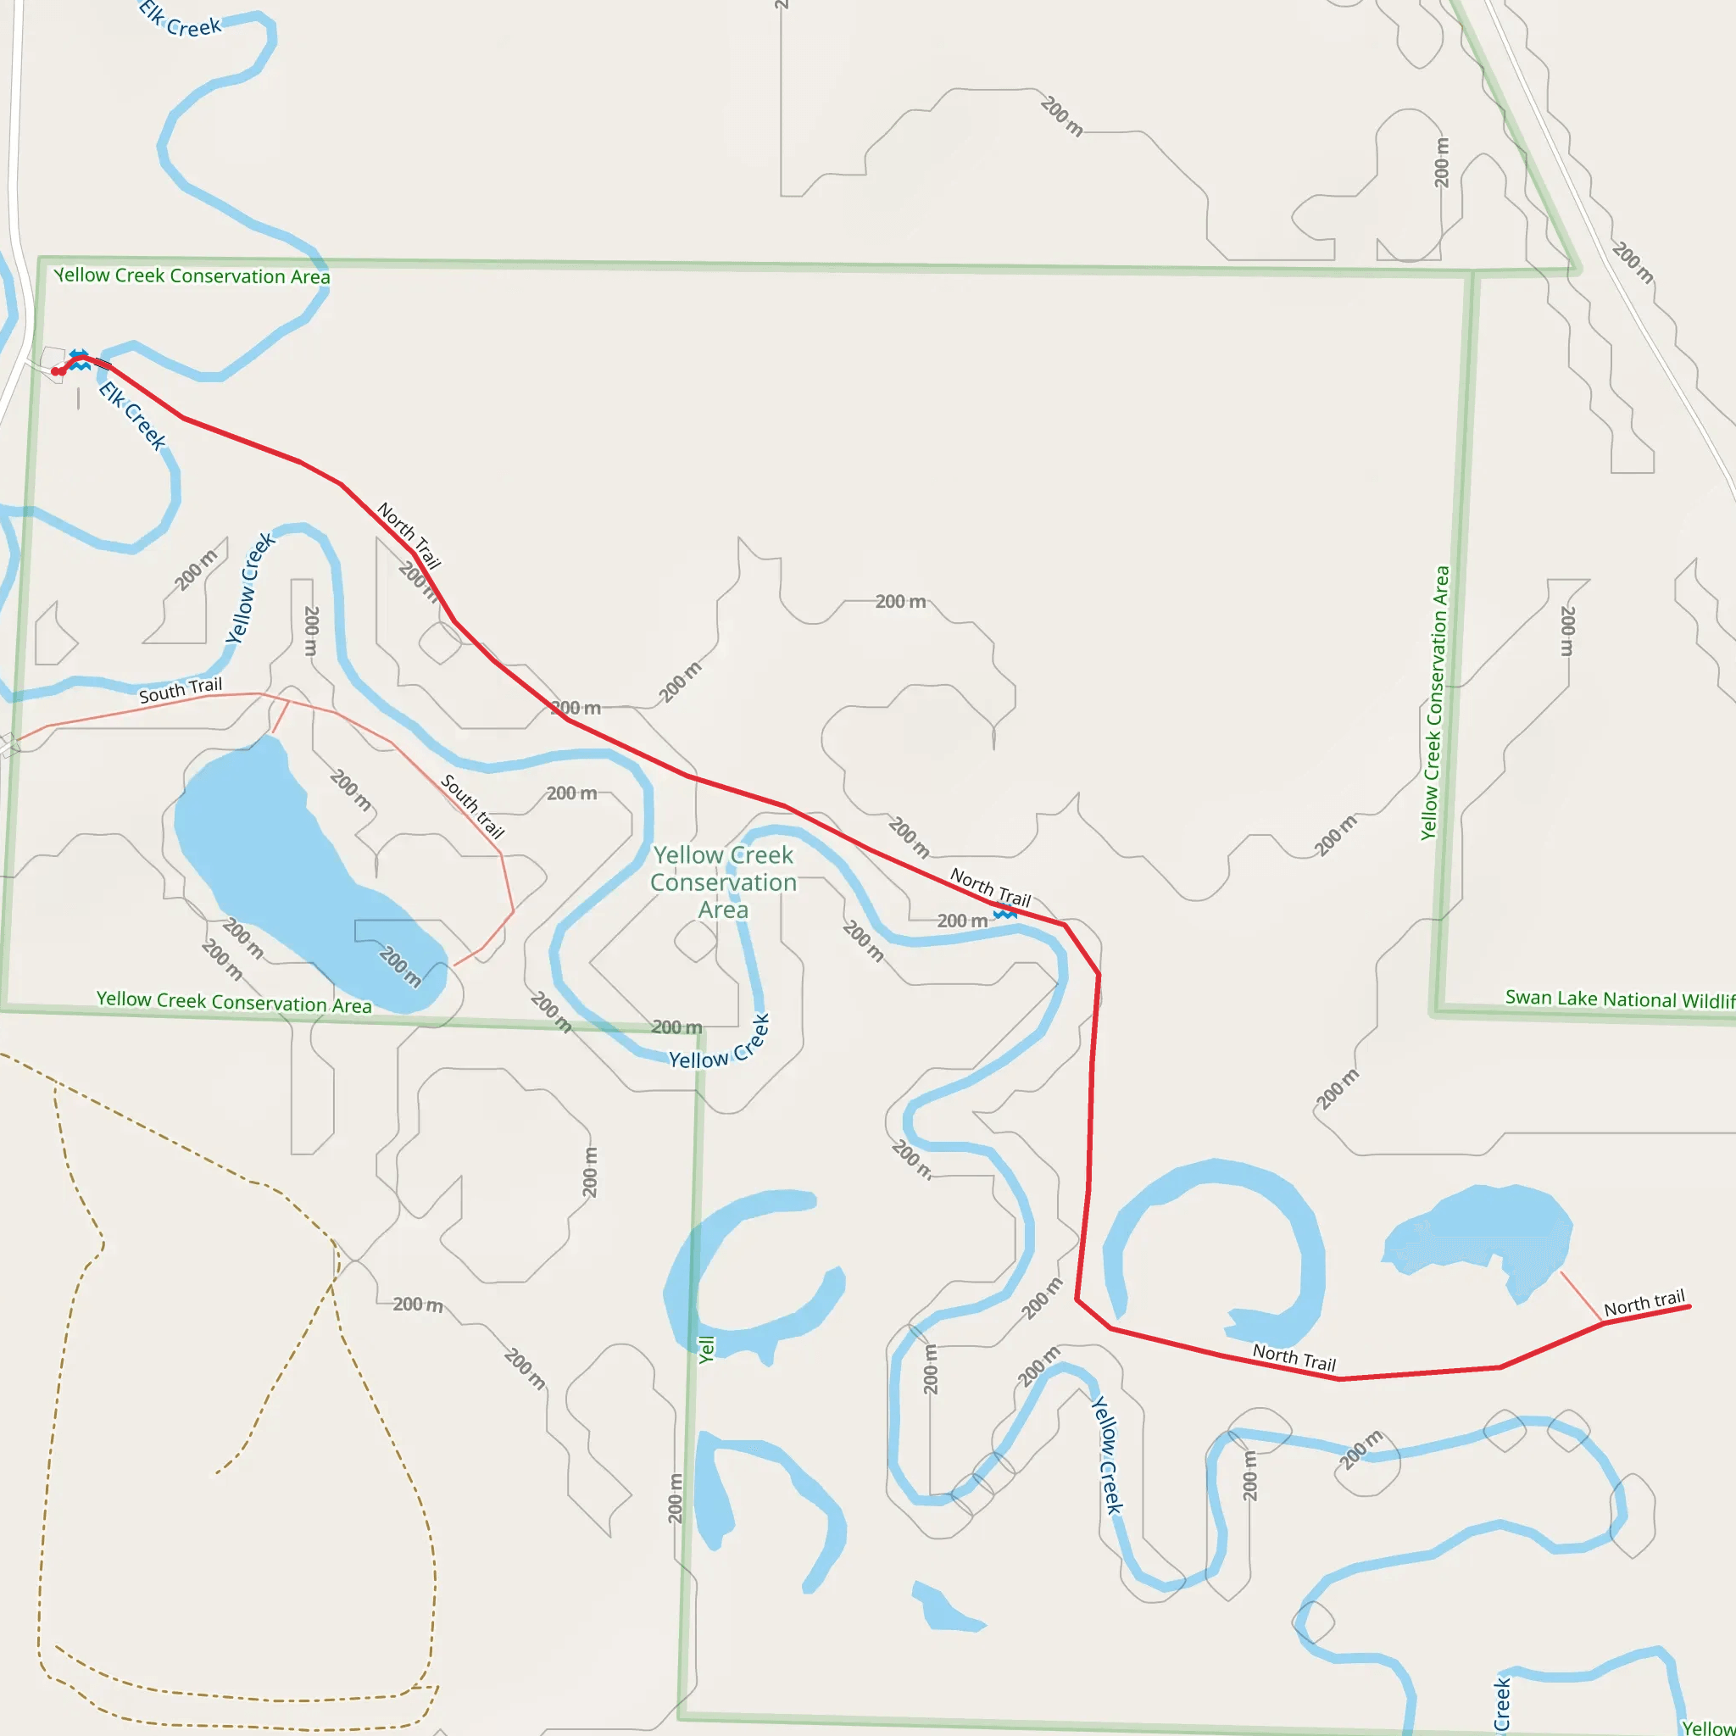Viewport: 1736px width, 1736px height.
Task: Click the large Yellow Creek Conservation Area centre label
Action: click(723, 882)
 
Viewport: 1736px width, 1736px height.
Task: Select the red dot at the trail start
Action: click(56, 371)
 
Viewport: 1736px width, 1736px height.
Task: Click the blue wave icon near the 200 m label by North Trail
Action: click(1004, 915)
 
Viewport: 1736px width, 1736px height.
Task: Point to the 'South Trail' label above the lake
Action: click(180, 690)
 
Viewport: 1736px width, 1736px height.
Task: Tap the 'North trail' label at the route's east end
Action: click(1644, 1303)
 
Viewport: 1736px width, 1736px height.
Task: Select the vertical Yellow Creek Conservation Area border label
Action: click(1435, 703)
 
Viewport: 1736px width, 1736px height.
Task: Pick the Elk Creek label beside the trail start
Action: click(132, 415)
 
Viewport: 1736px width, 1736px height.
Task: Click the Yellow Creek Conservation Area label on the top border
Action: click(192, 275)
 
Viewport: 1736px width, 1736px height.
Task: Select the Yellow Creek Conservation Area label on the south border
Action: click(234, 1002)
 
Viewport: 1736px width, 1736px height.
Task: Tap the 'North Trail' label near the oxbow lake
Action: click(1294, 1358)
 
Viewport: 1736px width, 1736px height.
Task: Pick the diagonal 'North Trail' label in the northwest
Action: click(409, 536)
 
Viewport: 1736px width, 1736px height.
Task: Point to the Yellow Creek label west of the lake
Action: click(249, 588)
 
